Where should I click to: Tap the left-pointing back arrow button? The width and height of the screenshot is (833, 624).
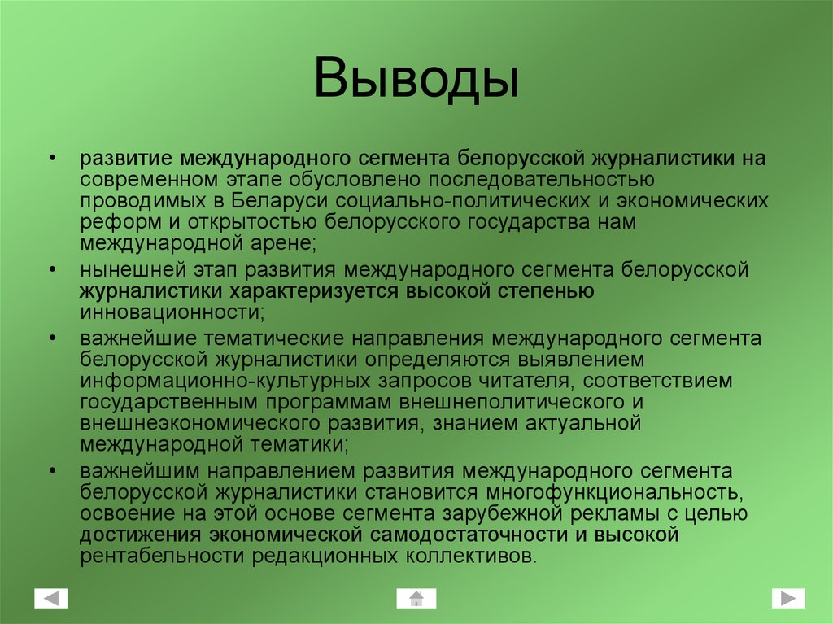[x=51, y=599]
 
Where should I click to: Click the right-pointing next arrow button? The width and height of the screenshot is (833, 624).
[x=787, y=598]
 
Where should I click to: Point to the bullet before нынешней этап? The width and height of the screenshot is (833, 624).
[x=52, y=269]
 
